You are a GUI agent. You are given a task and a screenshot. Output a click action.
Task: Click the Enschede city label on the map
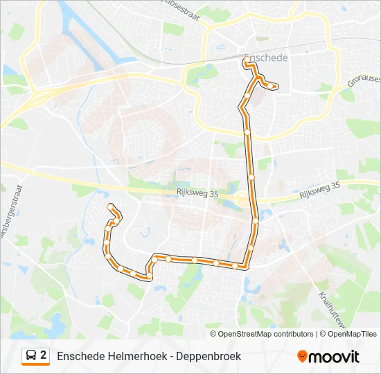266,57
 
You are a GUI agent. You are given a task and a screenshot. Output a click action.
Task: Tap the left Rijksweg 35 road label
197,195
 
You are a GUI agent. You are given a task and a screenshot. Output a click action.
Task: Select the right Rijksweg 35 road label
320,190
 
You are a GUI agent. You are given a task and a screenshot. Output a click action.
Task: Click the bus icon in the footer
32,356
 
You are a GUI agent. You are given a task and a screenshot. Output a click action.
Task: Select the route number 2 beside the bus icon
44,355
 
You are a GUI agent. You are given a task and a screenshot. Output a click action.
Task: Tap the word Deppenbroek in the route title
209,356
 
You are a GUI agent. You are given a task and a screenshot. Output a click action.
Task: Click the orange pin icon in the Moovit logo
302,357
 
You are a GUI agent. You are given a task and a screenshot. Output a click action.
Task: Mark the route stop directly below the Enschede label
246,62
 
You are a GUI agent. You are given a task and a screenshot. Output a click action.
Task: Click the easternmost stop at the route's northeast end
276,87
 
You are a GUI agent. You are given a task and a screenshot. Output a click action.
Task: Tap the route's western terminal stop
109,206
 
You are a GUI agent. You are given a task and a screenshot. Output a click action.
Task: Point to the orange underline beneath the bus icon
36,365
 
